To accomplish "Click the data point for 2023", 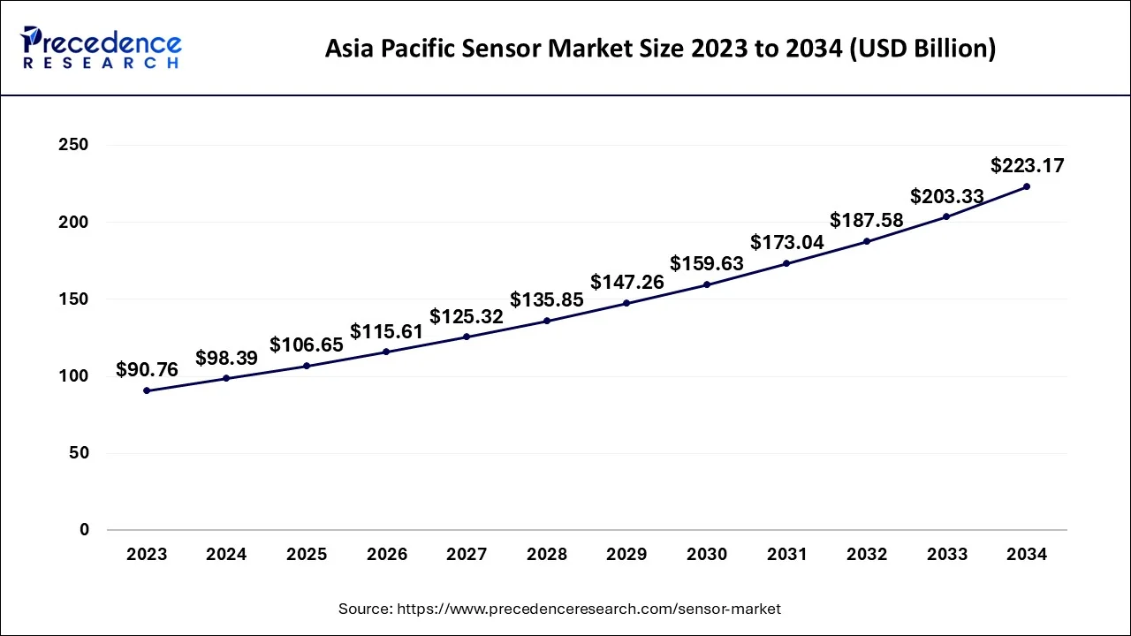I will point(147,390).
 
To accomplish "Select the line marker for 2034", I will point(1026,186).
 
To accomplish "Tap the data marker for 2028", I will point(547,321).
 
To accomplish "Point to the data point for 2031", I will point(786,263).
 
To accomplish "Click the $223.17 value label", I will point(1028,165).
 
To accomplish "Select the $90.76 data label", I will point(147,370).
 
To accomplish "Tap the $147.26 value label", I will point(626,282).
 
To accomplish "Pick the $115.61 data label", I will point(386,331).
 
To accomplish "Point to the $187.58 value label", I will point(867,220).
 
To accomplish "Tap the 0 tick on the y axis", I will point(83,530).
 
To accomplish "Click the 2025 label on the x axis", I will point(307,555).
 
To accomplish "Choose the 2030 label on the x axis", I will point(707,555).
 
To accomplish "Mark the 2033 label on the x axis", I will point(946,555).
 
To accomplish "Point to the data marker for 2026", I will point(386,352).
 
